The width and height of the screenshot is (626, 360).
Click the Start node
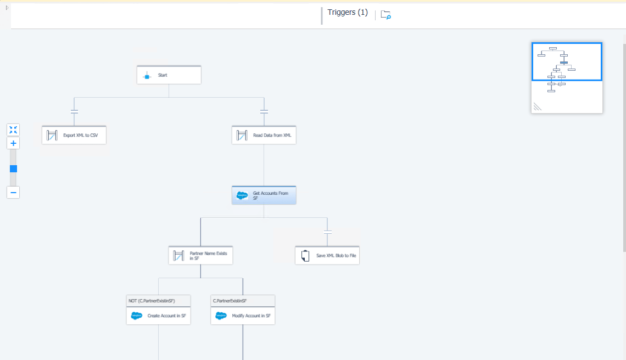pyautogui.click(x=169, y=75)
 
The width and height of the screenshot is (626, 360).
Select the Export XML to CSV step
pyautogui.click(x=74, y=136)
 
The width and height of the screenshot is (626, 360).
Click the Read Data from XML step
pyautogui.click(x=264, y=136)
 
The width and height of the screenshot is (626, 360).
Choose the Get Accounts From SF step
pyautogui.click(x=264, y=195)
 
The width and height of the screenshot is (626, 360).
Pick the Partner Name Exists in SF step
pyautogui.click(x=200, y=255)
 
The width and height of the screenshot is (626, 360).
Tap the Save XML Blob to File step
pyautogui.click(x=327, y=255)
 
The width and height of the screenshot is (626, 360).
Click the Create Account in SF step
pyautogui.click(x=159, y=316)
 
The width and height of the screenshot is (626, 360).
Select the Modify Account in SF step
pyautogui.click(x=243, y=316)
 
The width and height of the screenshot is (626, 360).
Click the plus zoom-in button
pyautogui.click(x=13, y=143)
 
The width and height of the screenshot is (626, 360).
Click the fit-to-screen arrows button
pyautogui.click(x=13, y=130)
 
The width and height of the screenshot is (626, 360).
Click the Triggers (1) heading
pyautogui.click(x=348, y=13)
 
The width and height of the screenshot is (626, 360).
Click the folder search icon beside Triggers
pyautogui.click(x=385, y=15)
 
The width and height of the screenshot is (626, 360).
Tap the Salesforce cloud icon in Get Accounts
pyautogui.click(x=242, y=195)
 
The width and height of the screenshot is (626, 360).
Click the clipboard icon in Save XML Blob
pyautogui.click(x=305, y=256)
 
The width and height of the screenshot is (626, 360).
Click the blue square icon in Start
pyautogui.click(x=147, y=76)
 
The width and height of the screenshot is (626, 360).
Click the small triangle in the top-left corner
pyautogui.click(x=7, y=8)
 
